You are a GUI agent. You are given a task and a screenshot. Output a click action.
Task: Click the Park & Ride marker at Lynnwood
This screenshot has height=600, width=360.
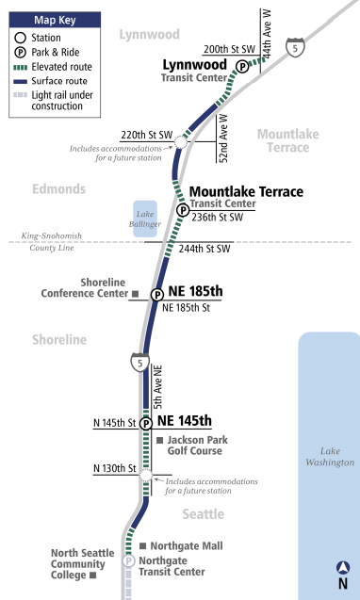[x=242, y=66]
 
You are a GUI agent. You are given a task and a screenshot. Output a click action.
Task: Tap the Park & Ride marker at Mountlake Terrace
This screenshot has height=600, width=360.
[x=182, y=210]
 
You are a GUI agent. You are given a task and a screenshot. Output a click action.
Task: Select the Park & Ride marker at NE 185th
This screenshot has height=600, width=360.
[x=157, y=294]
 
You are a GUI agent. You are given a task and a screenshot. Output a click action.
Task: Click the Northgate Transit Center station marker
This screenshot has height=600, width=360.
[x=129, y=561]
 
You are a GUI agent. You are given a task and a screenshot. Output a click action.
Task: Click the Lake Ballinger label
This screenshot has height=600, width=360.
[x=145, y=219]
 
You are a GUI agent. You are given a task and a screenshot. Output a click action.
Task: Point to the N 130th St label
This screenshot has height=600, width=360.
[x=116, y=469]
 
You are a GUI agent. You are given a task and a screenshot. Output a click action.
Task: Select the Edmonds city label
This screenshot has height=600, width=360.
[x=59, y=188]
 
